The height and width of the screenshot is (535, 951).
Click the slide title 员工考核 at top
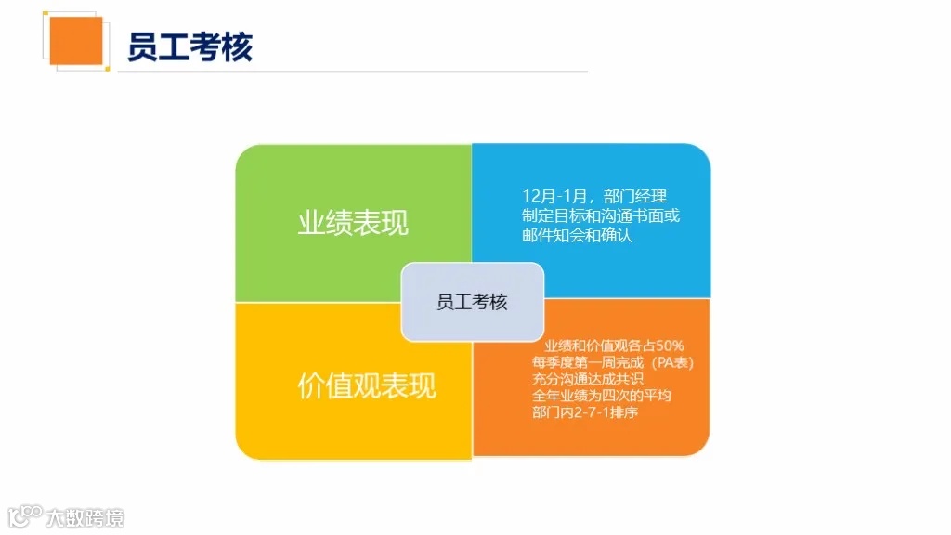[189, 46]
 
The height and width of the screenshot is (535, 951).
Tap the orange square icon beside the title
[75, 41]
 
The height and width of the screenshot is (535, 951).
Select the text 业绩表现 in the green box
[353, 224]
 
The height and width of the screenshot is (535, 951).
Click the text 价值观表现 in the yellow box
[366, 385]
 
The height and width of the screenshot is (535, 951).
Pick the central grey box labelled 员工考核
[473, 302]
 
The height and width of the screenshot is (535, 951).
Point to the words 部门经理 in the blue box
[635, 197]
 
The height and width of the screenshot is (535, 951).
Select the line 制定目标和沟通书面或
[601, 216]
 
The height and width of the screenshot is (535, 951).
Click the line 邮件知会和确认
[577, 236]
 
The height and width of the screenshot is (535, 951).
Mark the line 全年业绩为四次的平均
[602, 396]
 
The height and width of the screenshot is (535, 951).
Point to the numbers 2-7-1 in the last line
[587, 412]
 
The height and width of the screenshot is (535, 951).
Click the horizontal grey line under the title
[353, 72]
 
